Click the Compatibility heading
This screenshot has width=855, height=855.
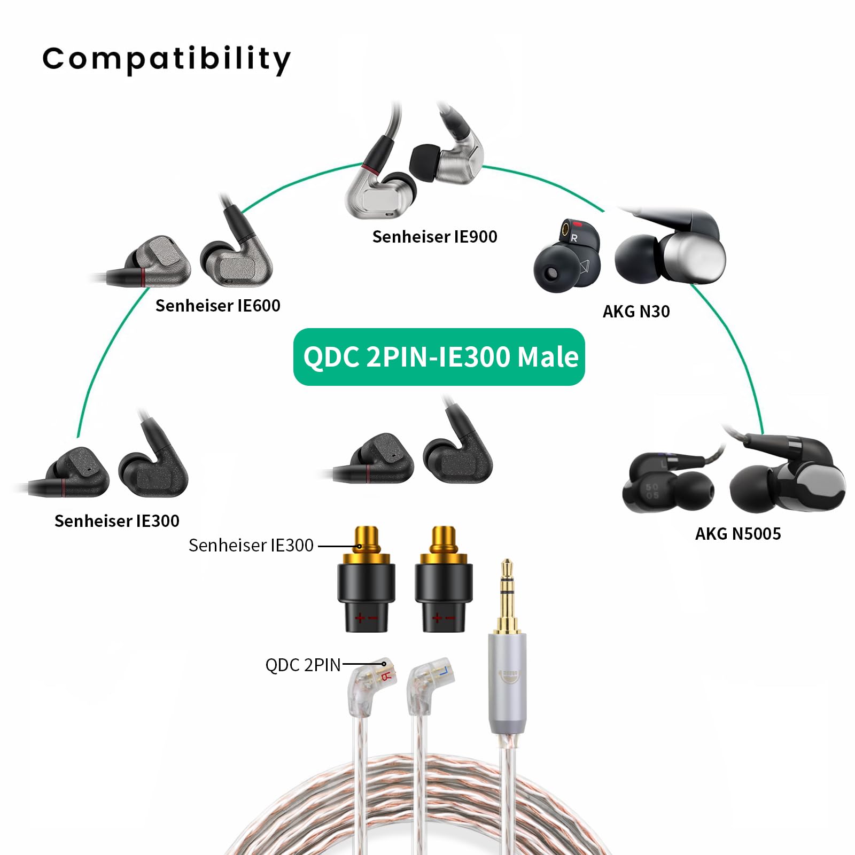pyautogui.click(x=166, y=59)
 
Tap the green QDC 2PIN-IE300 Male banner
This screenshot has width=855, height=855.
pyautogui.click(x=439, y=357)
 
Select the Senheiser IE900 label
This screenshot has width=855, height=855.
pyautogui.click(x=434, y=237)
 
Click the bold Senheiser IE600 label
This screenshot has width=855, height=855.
pyautogui.click(x=217, y=306)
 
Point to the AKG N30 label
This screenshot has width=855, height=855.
pyautogui.click(x=636, y=312)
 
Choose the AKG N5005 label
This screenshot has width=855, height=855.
pyautogui.click(x=737, y=534)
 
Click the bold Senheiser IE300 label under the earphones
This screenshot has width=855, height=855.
pyautogui.click(x=116, y=521)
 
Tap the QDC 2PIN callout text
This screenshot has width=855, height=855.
pyautogui.click(x=302, y=665)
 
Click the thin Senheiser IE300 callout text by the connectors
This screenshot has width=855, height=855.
pyautogui.click(x=251, y=546)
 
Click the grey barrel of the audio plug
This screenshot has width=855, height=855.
pyautogui.click(x=507, y=684)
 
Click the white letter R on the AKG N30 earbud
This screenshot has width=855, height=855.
pyautogui.click(x=574, y=238)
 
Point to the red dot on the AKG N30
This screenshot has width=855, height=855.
pyautogui.click(x=577, y=225)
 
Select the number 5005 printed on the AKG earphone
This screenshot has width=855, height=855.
pyautogui.click(x=652, y=492)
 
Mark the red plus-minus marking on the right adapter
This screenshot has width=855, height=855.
pyautogui.click(x=444, y=619)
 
